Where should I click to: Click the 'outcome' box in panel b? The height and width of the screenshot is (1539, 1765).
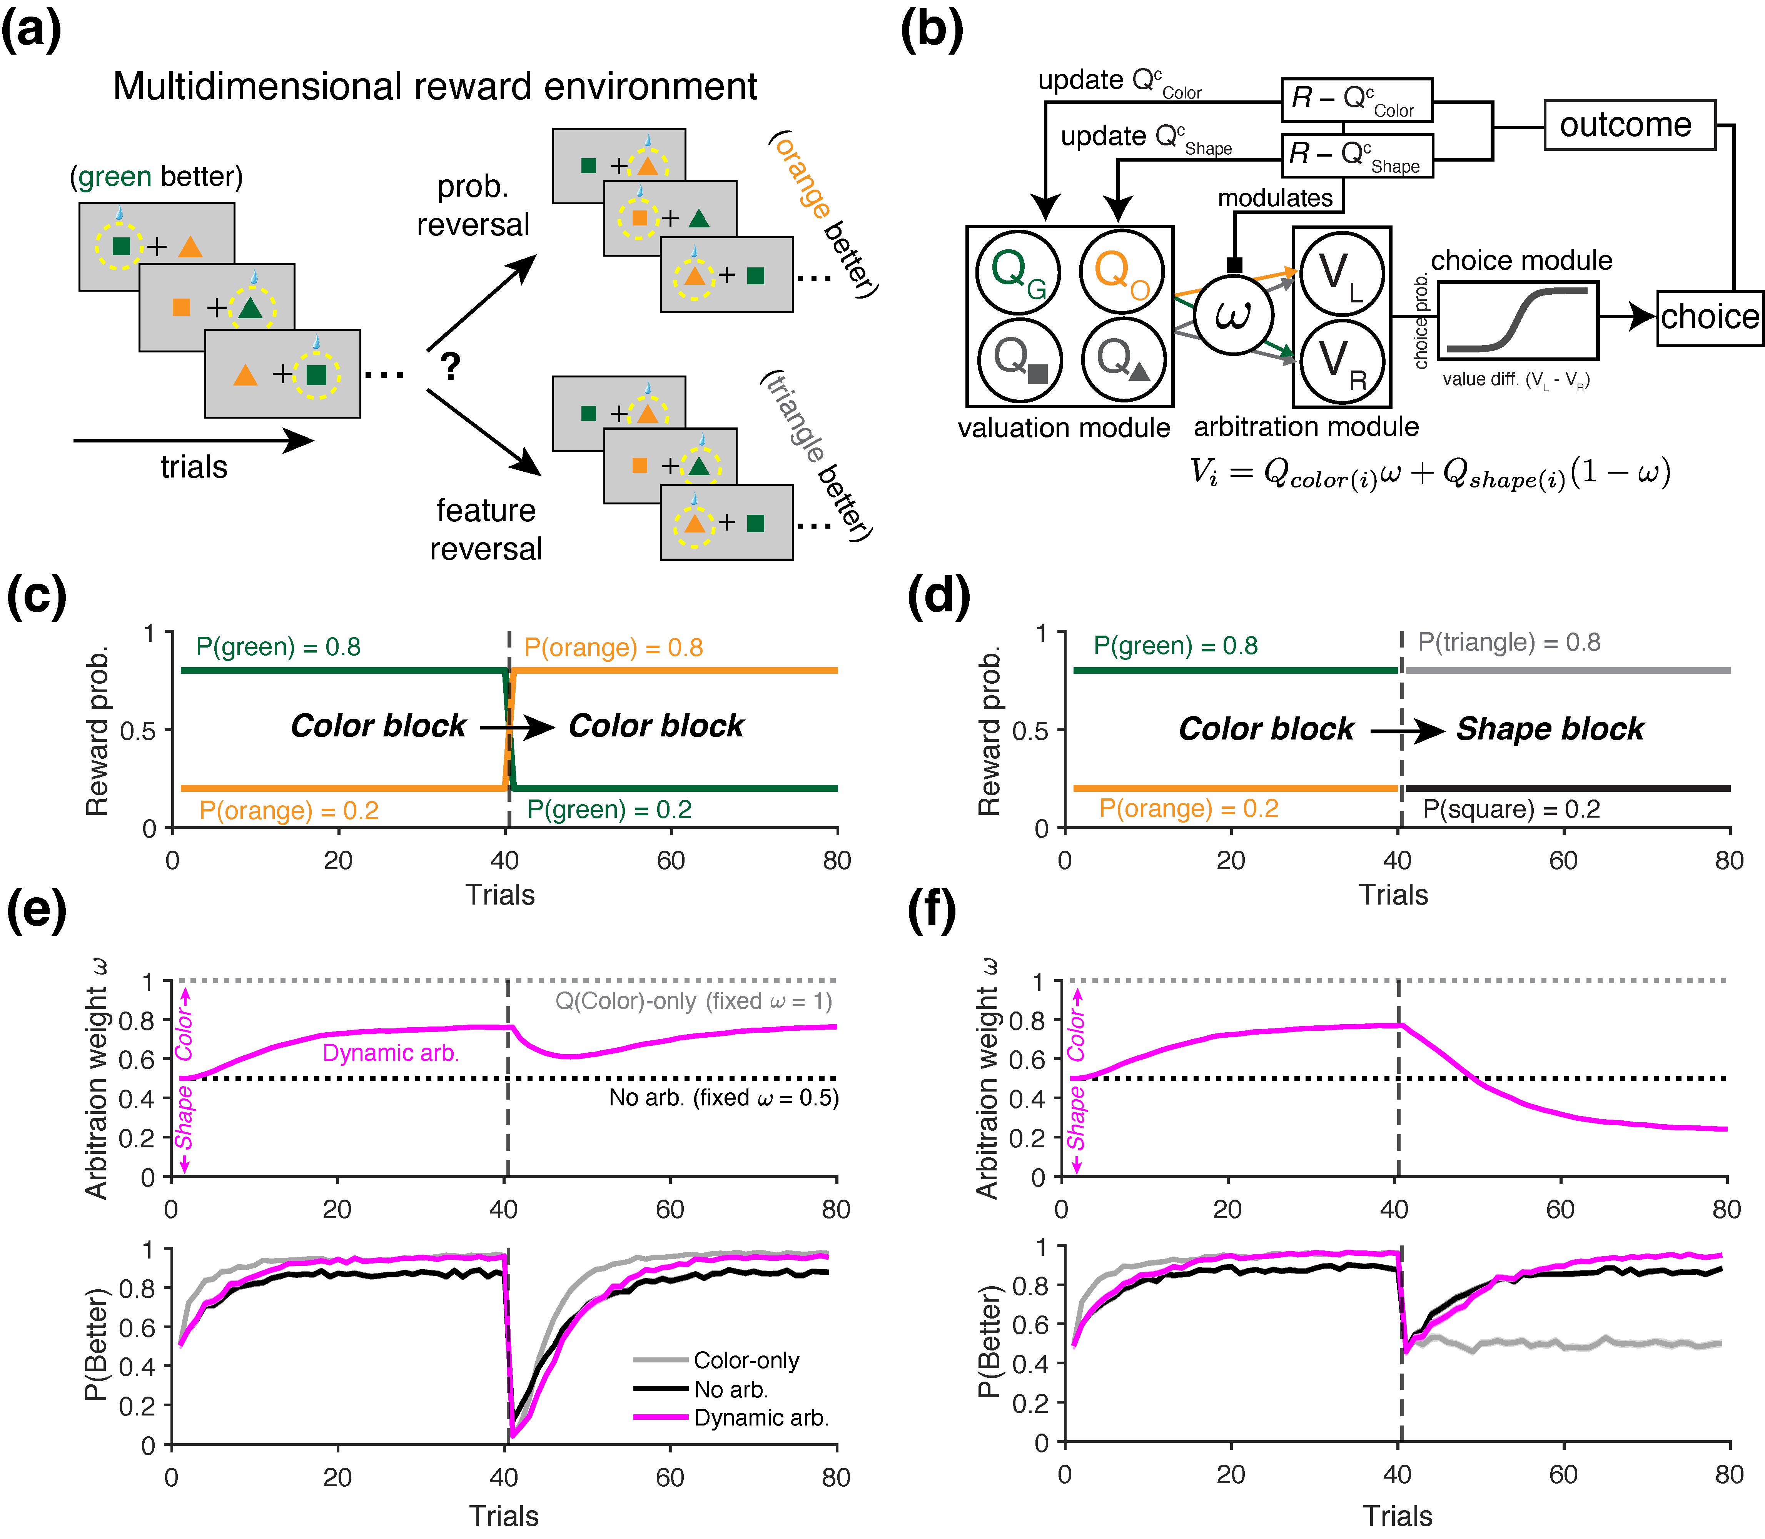[1628, 125]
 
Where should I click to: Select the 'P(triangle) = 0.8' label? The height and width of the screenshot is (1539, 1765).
[1509, 643]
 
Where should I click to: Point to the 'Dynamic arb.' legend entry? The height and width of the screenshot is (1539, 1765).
[760, 1418]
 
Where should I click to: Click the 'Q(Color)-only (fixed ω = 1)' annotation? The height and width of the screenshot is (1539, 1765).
[693, 1002]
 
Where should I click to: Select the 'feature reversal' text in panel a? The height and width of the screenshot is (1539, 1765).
[486, 529]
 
